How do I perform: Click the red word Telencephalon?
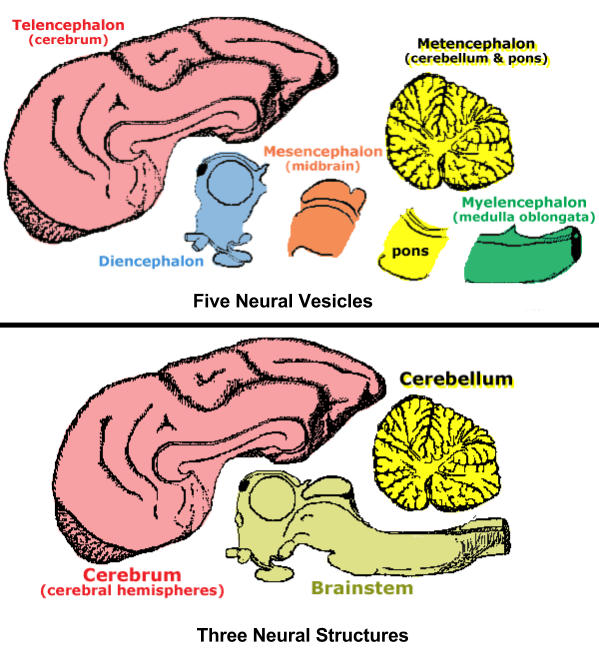coord(67,21)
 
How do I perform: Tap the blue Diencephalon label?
coord(151,261)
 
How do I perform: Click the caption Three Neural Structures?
coord(302,634)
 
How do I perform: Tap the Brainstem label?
coord(362,588)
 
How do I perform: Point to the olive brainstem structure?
coord(380,530)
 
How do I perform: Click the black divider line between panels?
coord(299,325)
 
